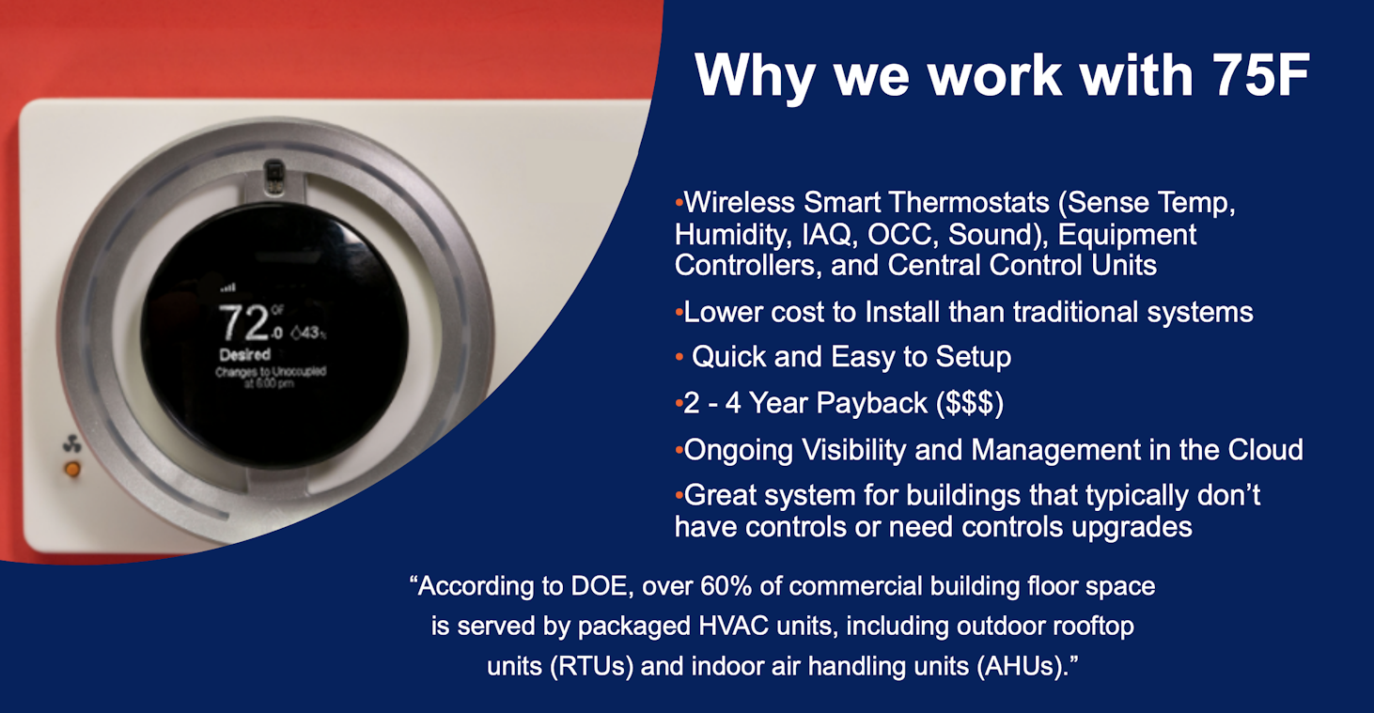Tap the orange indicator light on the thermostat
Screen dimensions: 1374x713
coord(72,470)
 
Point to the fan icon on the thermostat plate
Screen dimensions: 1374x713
coord(71,443)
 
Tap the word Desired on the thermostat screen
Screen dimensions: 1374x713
coord(244,354)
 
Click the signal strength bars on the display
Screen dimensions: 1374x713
coord(228,287)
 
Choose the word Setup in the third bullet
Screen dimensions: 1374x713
coord(974,357)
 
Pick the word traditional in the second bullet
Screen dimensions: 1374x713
coord(1074,312)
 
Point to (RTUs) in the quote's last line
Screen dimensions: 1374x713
coord(592,666)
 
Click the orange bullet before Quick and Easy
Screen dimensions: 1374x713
coord(679,357)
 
